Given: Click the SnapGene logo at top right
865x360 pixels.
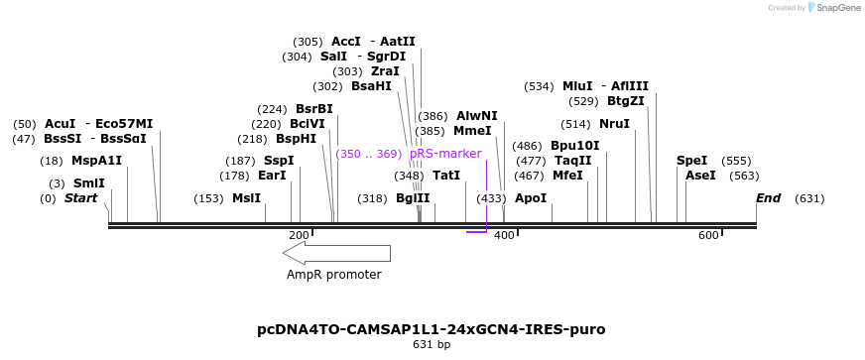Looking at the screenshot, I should pos(835,8).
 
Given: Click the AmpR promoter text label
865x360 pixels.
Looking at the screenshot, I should pos(333,275).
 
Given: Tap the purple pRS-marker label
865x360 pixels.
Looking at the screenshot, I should pos(445,154).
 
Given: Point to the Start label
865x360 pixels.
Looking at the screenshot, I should pos(81,198).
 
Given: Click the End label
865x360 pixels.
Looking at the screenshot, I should pos(769,198).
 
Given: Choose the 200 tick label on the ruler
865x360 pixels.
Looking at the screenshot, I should pos(299,235).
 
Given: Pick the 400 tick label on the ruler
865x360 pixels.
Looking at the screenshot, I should pos(504,235).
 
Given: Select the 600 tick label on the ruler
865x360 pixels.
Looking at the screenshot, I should pos(708,235).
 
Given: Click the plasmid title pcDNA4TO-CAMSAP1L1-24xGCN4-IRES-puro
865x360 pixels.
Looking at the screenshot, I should pos(431,329).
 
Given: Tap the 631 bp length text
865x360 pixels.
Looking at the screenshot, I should pos(432,345).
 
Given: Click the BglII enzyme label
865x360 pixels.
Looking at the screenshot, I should pos(413,198).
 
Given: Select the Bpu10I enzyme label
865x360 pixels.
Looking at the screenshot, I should pos(575,146).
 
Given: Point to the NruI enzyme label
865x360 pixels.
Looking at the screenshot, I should pos(614,124).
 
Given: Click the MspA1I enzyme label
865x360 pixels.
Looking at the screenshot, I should pos(96,161).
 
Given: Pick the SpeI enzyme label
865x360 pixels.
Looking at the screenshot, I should pos(691,161).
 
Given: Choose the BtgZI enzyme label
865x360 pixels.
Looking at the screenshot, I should pos(625,101).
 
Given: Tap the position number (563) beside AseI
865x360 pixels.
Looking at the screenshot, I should pos(744,176).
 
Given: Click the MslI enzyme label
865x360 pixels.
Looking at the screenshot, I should pos(246,198).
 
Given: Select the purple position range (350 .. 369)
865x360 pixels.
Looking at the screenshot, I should pos(368,154).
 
